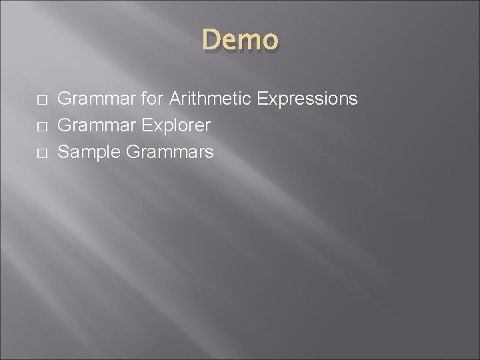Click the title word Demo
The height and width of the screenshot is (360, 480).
[x=240, y=40]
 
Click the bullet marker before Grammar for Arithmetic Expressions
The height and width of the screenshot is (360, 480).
[x=41, y=100]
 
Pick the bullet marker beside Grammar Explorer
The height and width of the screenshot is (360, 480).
[x=41, y=126]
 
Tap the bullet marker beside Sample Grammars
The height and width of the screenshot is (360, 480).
[x=41, y=153]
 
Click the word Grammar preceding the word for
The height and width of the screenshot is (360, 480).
[x=95, y=99]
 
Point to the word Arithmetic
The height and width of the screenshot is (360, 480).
[x=207, y=99]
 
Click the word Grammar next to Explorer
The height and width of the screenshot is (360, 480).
[x=95, y=125]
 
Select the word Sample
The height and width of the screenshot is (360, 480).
[x=89, y=153]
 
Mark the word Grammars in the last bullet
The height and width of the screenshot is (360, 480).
[x=169, y=152]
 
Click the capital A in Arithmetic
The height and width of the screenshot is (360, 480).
[x=175, y=99]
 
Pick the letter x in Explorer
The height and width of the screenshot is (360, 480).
[x=151, y=127]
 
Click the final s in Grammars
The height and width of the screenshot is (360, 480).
[x=209, y=153]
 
